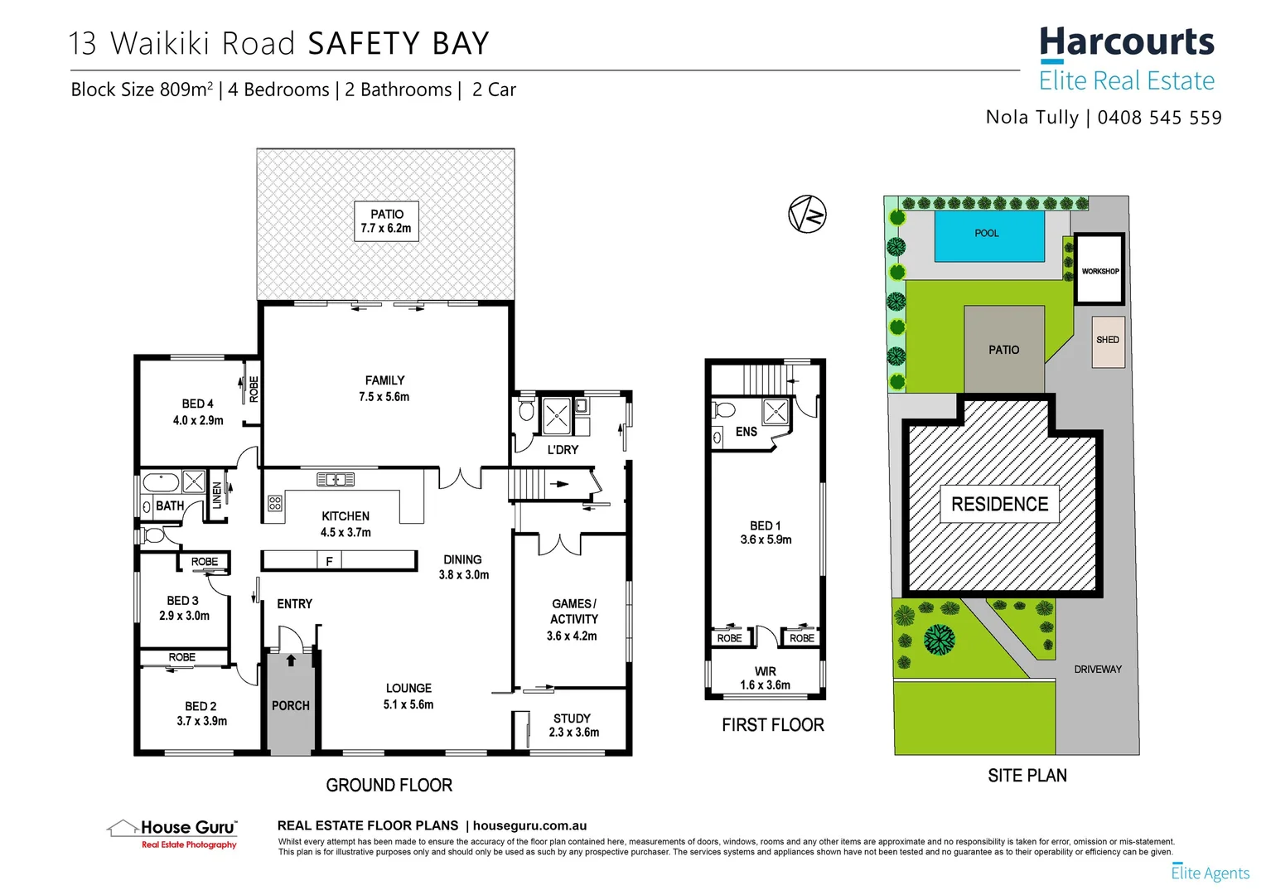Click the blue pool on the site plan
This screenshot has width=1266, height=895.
[x=988, y=235]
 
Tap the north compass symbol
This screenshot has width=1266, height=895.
[x=807, y=215]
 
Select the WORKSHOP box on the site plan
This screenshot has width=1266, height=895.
[x=1099, y=270]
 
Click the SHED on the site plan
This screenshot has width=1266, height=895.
[x=1108, y=341]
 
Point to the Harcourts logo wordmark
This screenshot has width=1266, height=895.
[x=1126, y=43]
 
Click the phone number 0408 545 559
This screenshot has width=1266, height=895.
[x=1159, y=118]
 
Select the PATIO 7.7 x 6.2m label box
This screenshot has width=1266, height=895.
[x=386, y=221]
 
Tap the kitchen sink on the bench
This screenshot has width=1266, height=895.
[x=336, y=479]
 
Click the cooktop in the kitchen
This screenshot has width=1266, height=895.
[x=275, y=503]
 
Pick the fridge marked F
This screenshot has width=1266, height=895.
[x=329, y=561]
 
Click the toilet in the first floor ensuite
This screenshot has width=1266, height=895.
[x=724, y=409]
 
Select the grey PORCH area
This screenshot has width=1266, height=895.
[x=290, y=704]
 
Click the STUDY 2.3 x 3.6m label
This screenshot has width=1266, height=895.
[x=573, y=725]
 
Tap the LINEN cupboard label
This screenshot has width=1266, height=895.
[x=217, y=495]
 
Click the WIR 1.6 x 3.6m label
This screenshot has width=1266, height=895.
[x=765, y=678]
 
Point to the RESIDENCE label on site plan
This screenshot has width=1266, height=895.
[x=999, y=504]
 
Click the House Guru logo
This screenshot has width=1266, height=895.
[x=173, y=832]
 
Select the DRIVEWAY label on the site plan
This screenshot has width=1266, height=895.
[x=1098, y=669]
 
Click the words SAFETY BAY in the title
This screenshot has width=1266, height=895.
[x=399, y=44]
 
